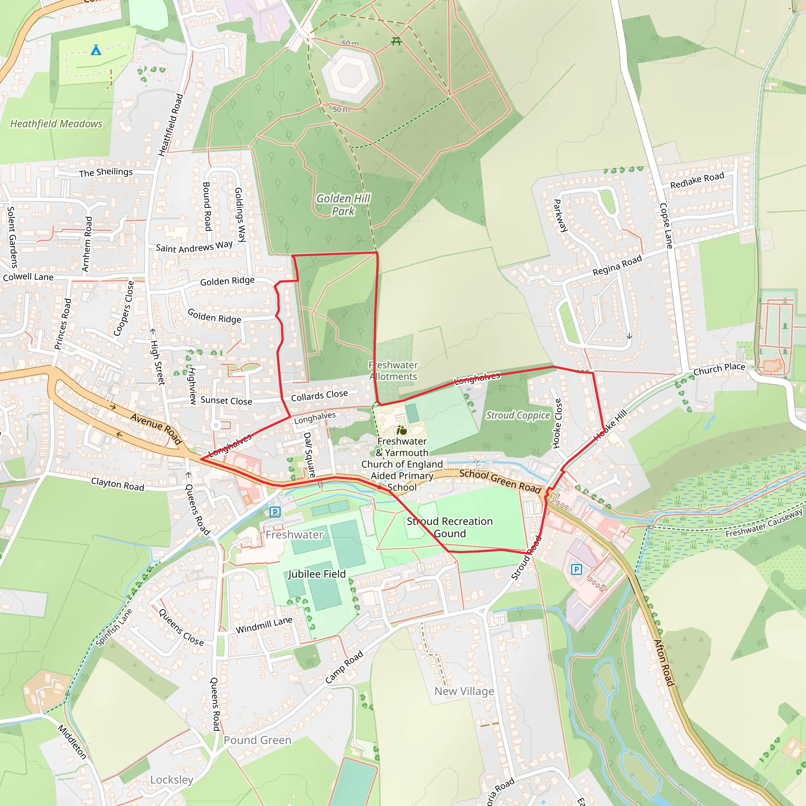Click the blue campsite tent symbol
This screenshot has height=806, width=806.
96,50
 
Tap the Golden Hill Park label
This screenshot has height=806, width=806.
343,204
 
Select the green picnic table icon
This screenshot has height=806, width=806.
396,41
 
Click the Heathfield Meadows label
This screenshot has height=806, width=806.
56,124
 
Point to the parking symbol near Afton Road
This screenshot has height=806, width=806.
576,569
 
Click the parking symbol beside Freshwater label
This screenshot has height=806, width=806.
275,512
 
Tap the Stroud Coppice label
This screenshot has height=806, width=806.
518,415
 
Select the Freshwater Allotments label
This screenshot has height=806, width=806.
393,370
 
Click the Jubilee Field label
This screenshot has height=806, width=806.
317,574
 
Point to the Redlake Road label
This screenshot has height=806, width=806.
697,180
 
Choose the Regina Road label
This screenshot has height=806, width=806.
617,265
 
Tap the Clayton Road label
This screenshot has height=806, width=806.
118,484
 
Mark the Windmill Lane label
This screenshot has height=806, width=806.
264,625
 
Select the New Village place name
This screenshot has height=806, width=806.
464,691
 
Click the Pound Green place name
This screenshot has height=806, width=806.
257,740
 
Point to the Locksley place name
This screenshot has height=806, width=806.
172,780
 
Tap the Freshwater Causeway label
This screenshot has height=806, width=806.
763,523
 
